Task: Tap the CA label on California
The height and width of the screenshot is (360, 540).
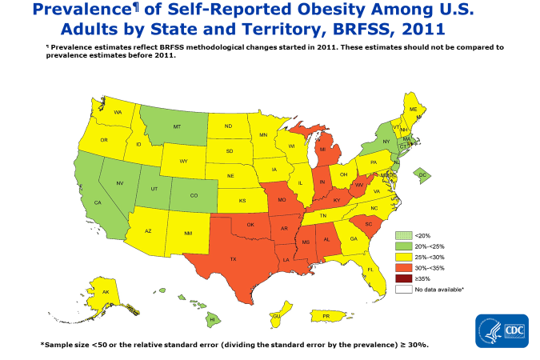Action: pyautogui.click(x=98, y=203)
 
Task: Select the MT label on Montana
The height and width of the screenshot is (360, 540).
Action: pyautogui.click(x=178, y=127)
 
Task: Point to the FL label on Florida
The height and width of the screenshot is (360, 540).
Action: pyautogui.click(x=370, y=270)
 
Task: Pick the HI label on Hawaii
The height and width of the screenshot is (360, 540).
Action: pyautogui.click(x=212, y=318)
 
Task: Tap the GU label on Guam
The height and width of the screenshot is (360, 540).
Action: pyautogui.click(x=277, y=316)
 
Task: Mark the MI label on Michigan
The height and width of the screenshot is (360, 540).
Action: pyautogui.click(x=322, y=150)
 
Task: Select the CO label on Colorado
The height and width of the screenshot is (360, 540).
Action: pyautogui.click(x=194, y=194)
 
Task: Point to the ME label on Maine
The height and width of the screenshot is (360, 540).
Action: pyautogui.click(x=413, y=109)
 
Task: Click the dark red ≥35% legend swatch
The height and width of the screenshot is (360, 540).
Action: pyautogui.click(x=403, y=278)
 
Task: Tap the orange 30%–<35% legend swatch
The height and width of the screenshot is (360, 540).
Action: pyautogui.click(x=403, y=267)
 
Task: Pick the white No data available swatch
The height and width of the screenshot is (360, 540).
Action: pyautogui.click(x=403, y=289)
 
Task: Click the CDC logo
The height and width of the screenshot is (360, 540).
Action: pyautogui.click(x=502, y=330)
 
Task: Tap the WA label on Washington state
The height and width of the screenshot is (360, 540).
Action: pyautogui.click(x=118, y=113)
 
